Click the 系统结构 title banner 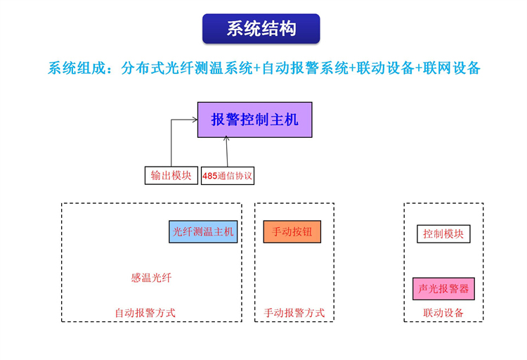pyautogui.click(x=261, y=29)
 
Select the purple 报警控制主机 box pyautogui.click(x=255, y=120)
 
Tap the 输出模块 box pyautogui.click(x=171, y=175)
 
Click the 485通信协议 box pyautogui.click(x=228, y=176)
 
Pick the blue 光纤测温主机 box pyautogui.click(x=203, y=231)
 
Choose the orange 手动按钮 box pyautogui.click(x=292, y=231)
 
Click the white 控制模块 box pyautogui.click(x=443, y=234)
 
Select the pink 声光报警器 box pyautogui.click(x=443, y=289)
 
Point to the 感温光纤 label pyautogui.click(x=151, y=278)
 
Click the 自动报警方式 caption pyautogui.click(x=145, y=313)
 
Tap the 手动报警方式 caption pyautogui.click(x=294, y=313)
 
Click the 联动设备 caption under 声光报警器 pyautogui.click(x=443, y=313)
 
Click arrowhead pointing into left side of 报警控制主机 pyautogui.click(x=195, y=120)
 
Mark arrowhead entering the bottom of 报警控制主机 pyautogui.click(x=226, y=139)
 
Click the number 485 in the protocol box pyautogui.click(x=209, y=176)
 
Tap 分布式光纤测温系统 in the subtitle pyautogui.click(x=186, y=68)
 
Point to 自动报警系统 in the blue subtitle pyautogui.click(x=305, y=68)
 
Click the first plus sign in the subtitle pyautogui.click(x=256, y=68)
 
